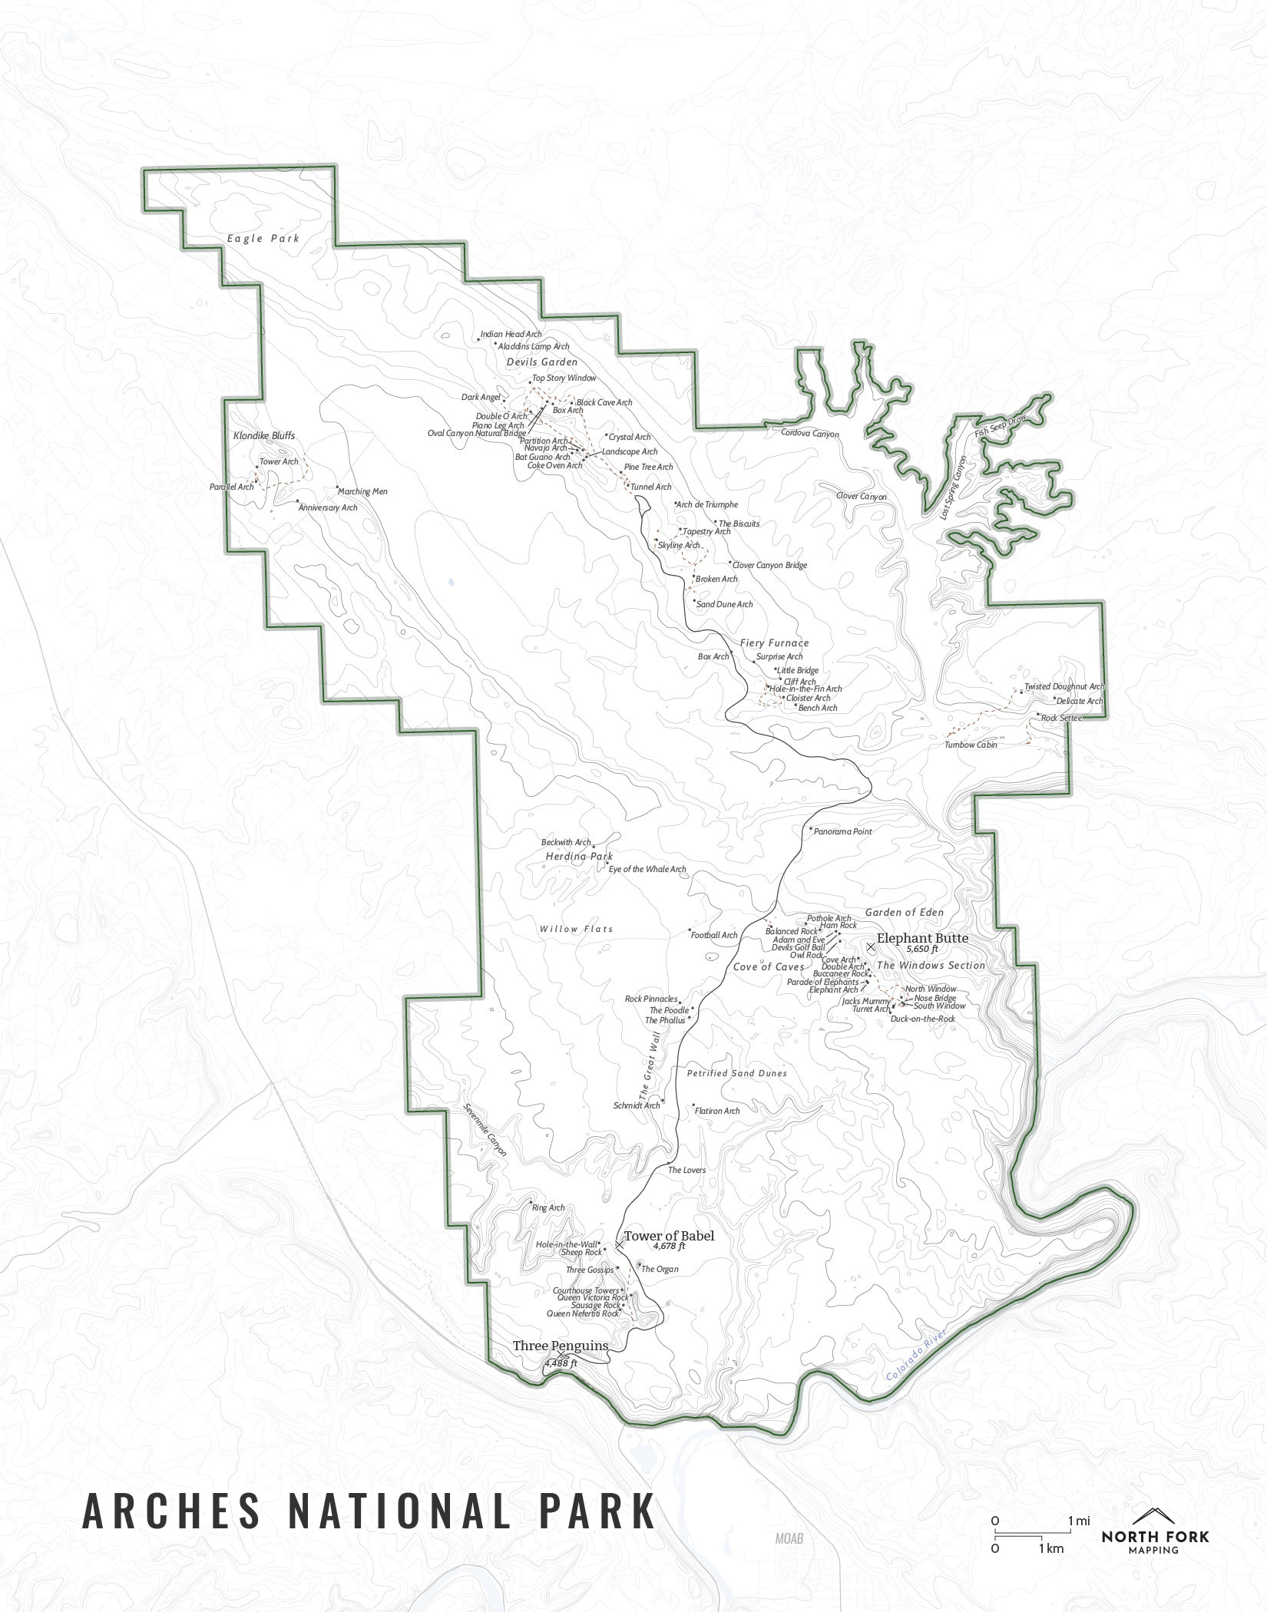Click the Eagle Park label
(263, 239)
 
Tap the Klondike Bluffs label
(263, 436)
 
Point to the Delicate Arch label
(1079, 701)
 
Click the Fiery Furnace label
(774, 642)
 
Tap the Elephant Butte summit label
(922, 938)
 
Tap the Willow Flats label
(576, 929)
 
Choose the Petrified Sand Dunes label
(736, 1073)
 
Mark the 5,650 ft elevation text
(922, 949)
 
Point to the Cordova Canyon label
(809, 434)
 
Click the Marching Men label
(363, 491)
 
